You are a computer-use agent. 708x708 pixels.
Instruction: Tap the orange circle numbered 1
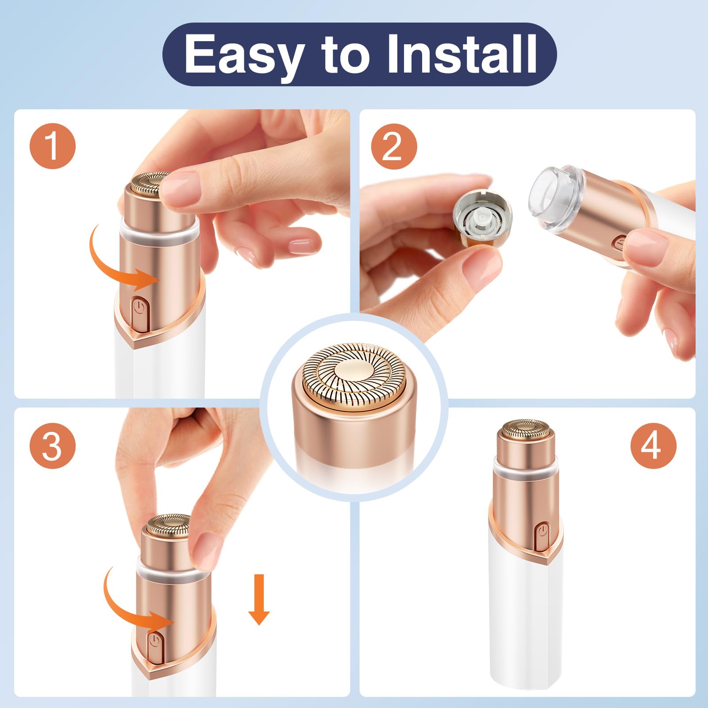(x=53, y=146)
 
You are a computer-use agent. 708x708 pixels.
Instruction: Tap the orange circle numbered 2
(x=393, y=146)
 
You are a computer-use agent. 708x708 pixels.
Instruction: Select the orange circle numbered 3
(x=53, y=446)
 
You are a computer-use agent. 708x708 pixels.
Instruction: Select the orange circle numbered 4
(x=653, y=446)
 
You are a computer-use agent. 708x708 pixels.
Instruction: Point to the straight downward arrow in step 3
(x=259, y=600)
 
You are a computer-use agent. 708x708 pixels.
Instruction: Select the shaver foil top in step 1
(x=148, y=184)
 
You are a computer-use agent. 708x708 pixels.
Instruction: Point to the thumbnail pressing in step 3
(x=207, y=549)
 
